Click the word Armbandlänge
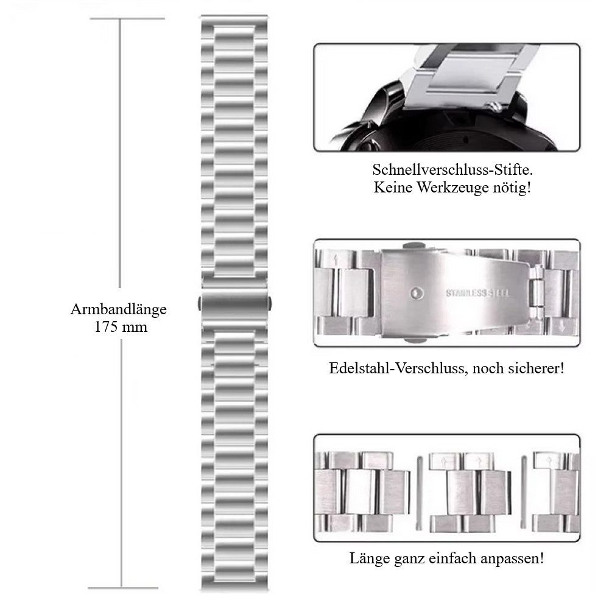pyautogui.click(x=118, y=309)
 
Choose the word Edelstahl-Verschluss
pyautogui.click(x=392, y=368)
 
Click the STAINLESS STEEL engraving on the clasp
pyautogui.click(x=478, y=292)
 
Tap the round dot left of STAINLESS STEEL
pyautogui.click(x=416, y=292)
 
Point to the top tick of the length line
pyautogui.click(x=127, y=19)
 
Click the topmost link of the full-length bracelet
pyautogui.click(x=234, y=21)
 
